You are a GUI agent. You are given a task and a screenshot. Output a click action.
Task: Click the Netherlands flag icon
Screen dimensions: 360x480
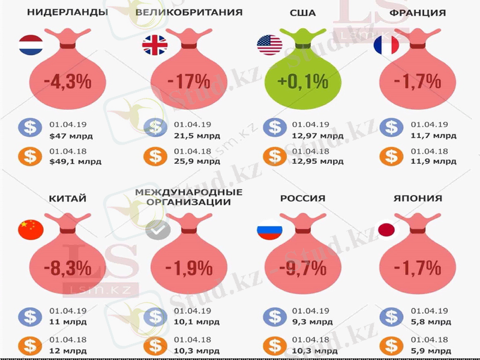(31, 46)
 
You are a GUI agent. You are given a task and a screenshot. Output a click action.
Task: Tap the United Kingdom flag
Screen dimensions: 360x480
(155, 46)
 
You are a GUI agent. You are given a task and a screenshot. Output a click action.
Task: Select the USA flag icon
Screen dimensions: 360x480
(269, 46)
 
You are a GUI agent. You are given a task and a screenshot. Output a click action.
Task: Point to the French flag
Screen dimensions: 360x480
(386, 46)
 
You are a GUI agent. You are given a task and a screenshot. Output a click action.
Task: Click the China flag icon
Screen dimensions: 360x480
(31, 230)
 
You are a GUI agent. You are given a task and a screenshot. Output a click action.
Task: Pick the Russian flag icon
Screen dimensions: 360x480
(269, 230)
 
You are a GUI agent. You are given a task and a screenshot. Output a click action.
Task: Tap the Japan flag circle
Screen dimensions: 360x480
(386, 230)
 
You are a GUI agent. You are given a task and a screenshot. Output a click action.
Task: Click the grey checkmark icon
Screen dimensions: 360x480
(158, 230)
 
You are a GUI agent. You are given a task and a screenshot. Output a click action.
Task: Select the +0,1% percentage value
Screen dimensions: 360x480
(302, 81)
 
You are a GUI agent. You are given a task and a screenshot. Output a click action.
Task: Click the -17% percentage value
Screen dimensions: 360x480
(188, 81)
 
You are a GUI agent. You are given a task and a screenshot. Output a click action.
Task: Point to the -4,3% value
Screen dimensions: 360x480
(67, 81)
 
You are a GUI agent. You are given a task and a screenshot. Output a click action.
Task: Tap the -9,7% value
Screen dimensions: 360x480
(302, 268)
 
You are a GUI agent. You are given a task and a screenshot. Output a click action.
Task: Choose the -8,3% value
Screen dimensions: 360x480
(67, 268)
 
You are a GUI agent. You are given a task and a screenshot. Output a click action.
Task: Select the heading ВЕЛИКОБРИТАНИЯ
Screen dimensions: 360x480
(189, 13)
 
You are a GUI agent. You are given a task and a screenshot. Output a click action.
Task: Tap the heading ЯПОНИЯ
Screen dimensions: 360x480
(418, 199)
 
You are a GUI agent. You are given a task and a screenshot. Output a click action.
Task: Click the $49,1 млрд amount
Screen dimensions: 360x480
(76, 161)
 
